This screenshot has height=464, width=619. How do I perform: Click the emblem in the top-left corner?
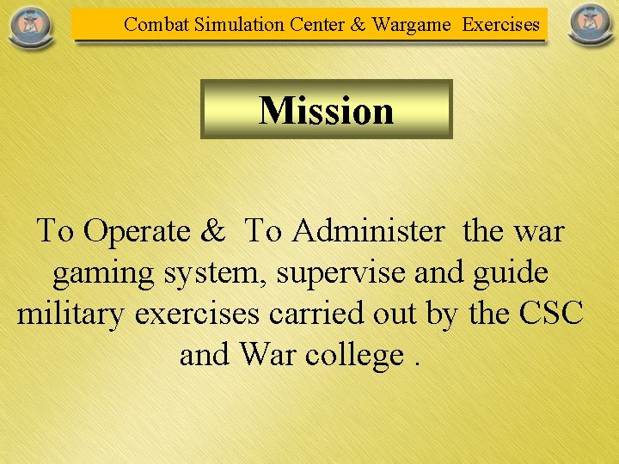(x=30, y=26)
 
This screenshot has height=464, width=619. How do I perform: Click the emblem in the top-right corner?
(x=590, y=26)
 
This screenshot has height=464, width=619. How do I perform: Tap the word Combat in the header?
(x=156, y=24)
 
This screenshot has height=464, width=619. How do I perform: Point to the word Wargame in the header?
(x=411, y=24)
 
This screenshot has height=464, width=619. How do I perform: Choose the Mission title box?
(x=327, y=109)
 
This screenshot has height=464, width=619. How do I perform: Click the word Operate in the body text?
(x=137, y=231)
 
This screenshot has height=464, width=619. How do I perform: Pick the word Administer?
(x=368, y=231)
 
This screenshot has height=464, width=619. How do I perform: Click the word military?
(x=71, y=314)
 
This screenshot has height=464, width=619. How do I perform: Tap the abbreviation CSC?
(x=551, y=314)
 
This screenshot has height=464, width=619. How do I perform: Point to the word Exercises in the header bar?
(x=501, y=24)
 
